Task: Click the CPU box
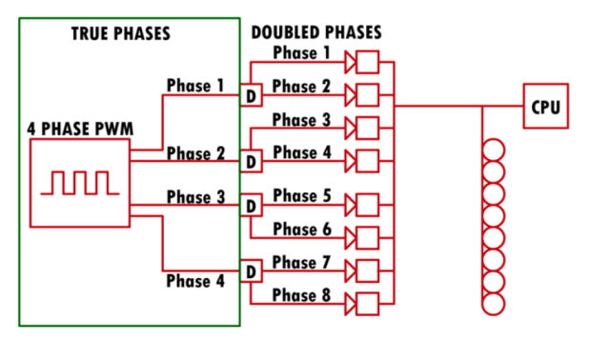(545, 106)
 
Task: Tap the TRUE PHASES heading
(121, 33)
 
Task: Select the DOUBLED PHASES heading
(316, 32)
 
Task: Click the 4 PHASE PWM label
(80, 129)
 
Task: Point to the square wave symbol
(80, 183)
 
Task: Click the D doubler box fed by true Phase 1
(252, 95)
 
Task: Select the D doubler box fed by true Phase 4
(252, 271)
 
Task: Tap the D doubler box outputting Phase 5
(252, 205)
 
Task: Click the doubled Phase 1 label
(301, 53)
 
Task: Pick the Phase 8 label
(301, 295)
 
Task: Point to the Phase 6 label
(302, 229)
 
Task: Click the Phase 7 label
(301, 263)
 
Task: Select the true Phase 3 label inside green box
(195, 197)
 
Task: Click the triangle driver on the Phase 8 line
(350, 304)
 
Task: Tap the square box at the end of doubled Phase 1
(368, 62)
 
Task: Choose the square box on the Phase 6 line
(368, 238)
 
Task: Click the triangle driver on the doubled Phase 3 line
(350, 128)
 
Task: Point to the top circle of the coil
(494, 150)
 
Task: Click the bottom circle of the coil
(494, 304)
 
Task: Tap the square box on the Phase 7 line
(368, 271)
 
